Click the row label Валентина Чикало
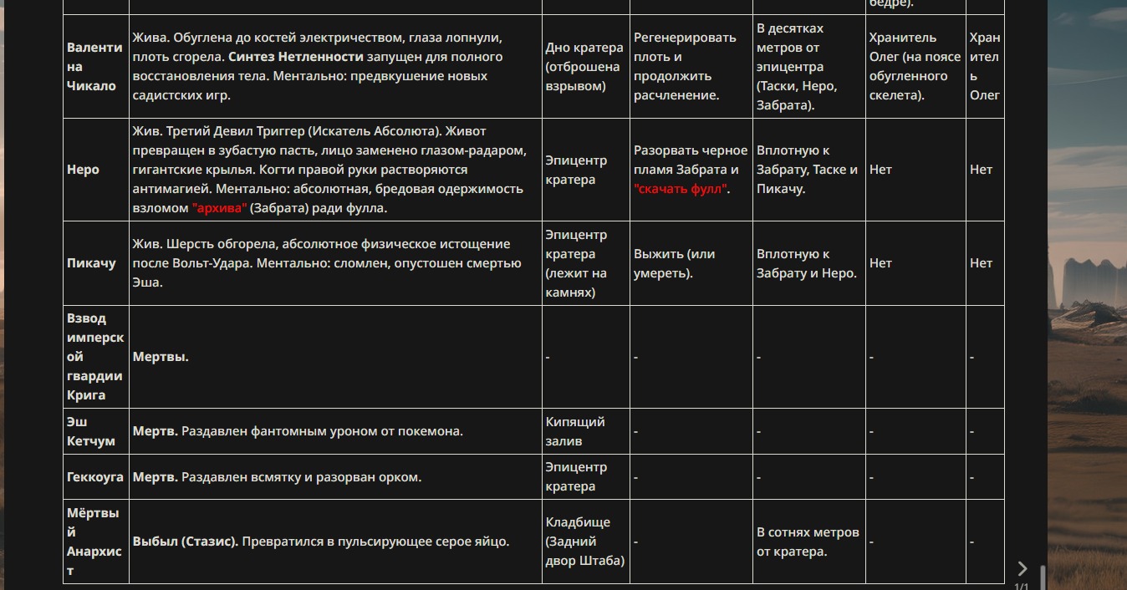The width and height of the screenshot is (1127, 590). pos(91,66)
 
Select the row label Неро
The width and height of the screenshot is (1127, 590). pos(83,170)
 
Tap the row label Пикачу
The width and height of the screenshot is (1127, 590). pos(91,263)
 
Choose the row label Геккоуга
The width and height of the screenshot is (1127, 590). pos(95,477)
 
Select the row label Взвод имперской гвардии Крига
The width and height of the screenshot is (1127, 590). pos(95,357)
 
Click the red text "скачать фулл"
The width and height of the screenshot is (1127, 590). pos(681,189)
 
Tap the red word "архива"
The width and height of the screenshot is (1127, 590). pos(219,208)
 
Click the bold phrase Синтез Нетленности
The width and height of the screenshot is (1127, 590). pos(295,57)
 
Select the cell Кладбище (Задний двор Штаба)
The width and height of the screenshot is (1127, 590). pos(584,542)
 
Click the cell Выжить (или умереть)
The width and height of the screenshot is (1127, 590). pos(674,263)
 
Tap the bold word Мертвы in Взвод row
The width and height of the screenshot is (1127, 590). pos(161,357)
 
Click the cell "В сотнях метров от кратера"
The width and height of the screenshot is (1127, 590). pos(808,542)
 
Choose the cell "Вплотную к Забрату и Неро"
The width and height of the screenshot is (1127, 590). pos(807,263)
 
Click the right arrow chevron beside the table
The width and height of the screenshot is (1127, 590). pos(1022,568)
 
